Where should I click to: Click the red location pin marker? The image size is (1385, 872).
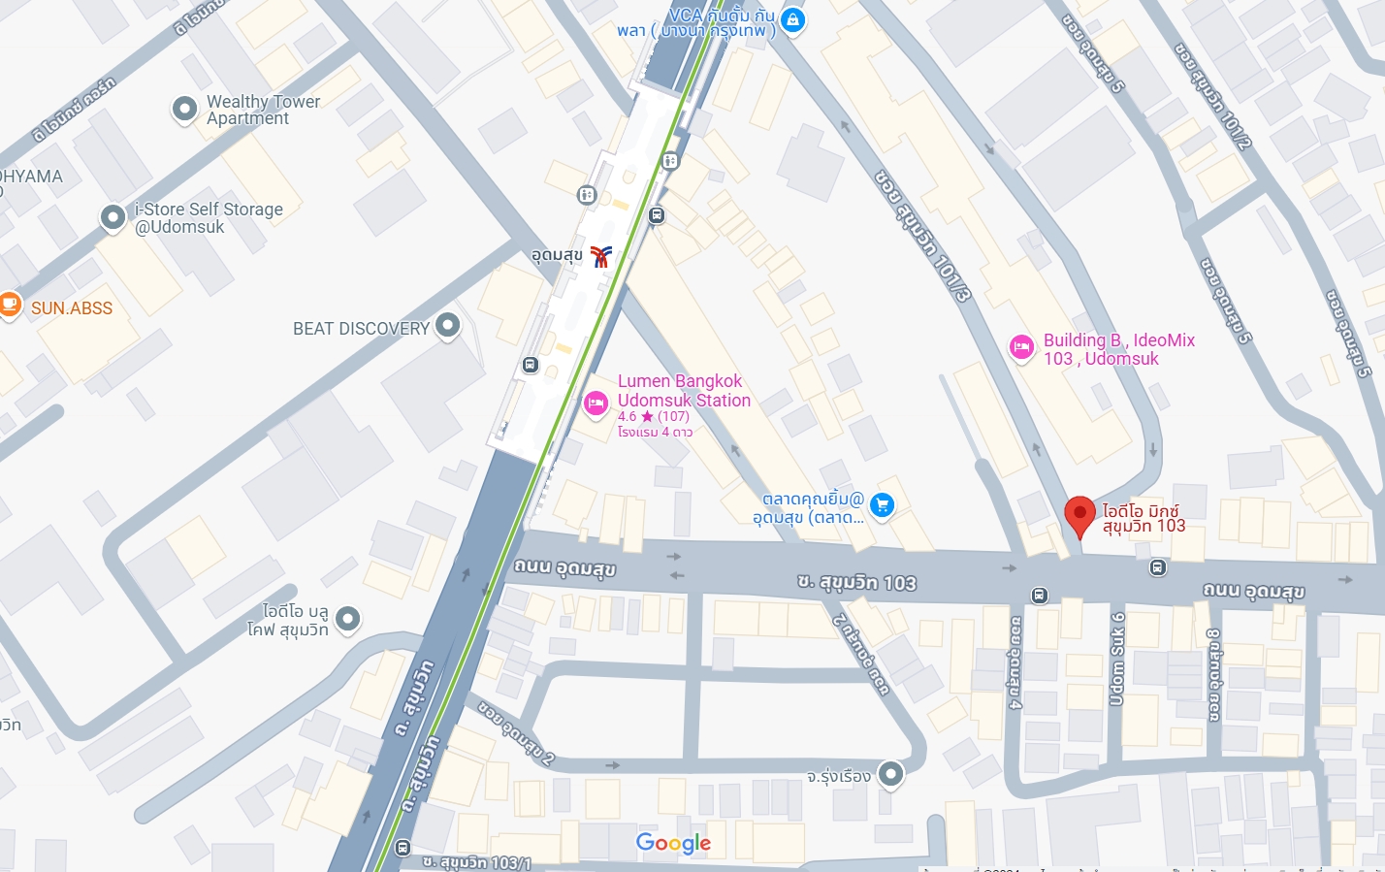(x=1079, y=514)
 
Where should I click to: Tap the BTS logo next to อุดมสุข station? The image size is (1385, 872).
(x=601, y=256)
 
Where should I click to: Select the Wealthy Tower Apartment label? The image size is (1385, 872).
(x=262, y=110)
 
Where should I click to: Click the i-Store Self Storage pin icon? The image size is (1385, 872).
(x=113, y=217)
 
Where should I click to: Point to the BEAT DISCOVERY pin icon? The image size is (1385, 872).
(x=447, y=326)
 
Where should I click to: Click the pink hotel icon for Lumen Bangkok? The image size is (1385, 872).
(x=596, y=403)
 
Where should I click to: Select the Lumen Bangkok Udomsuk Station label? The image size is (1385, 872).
(x=683, y=391)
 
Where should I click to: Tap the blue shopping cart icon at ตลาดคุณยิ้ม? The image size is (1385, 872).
(x=882, y=504)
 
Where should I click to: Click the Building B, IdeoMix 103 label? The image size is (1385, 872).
(x=1118, y=349)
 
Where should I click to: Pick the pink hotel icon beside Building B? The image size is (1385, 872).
(x=1021, y=347)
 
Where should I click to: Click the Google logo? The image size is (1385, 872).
(x=673, y=843)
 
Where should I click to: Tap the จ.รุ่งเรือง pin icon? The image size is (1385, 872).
(x=890, y=774)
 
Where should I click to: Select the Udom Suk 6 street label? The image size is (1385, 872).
(x=1117, y=659)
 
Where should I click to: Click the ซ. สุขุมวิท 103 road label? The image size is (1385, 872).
(x=856, y=582)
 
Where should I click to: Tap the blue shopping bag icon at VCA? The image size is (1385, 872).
(x=793, y=19)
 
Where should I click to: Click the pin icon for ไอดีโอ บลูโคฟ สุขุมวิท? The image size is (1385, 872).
(x=347, y=618)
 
